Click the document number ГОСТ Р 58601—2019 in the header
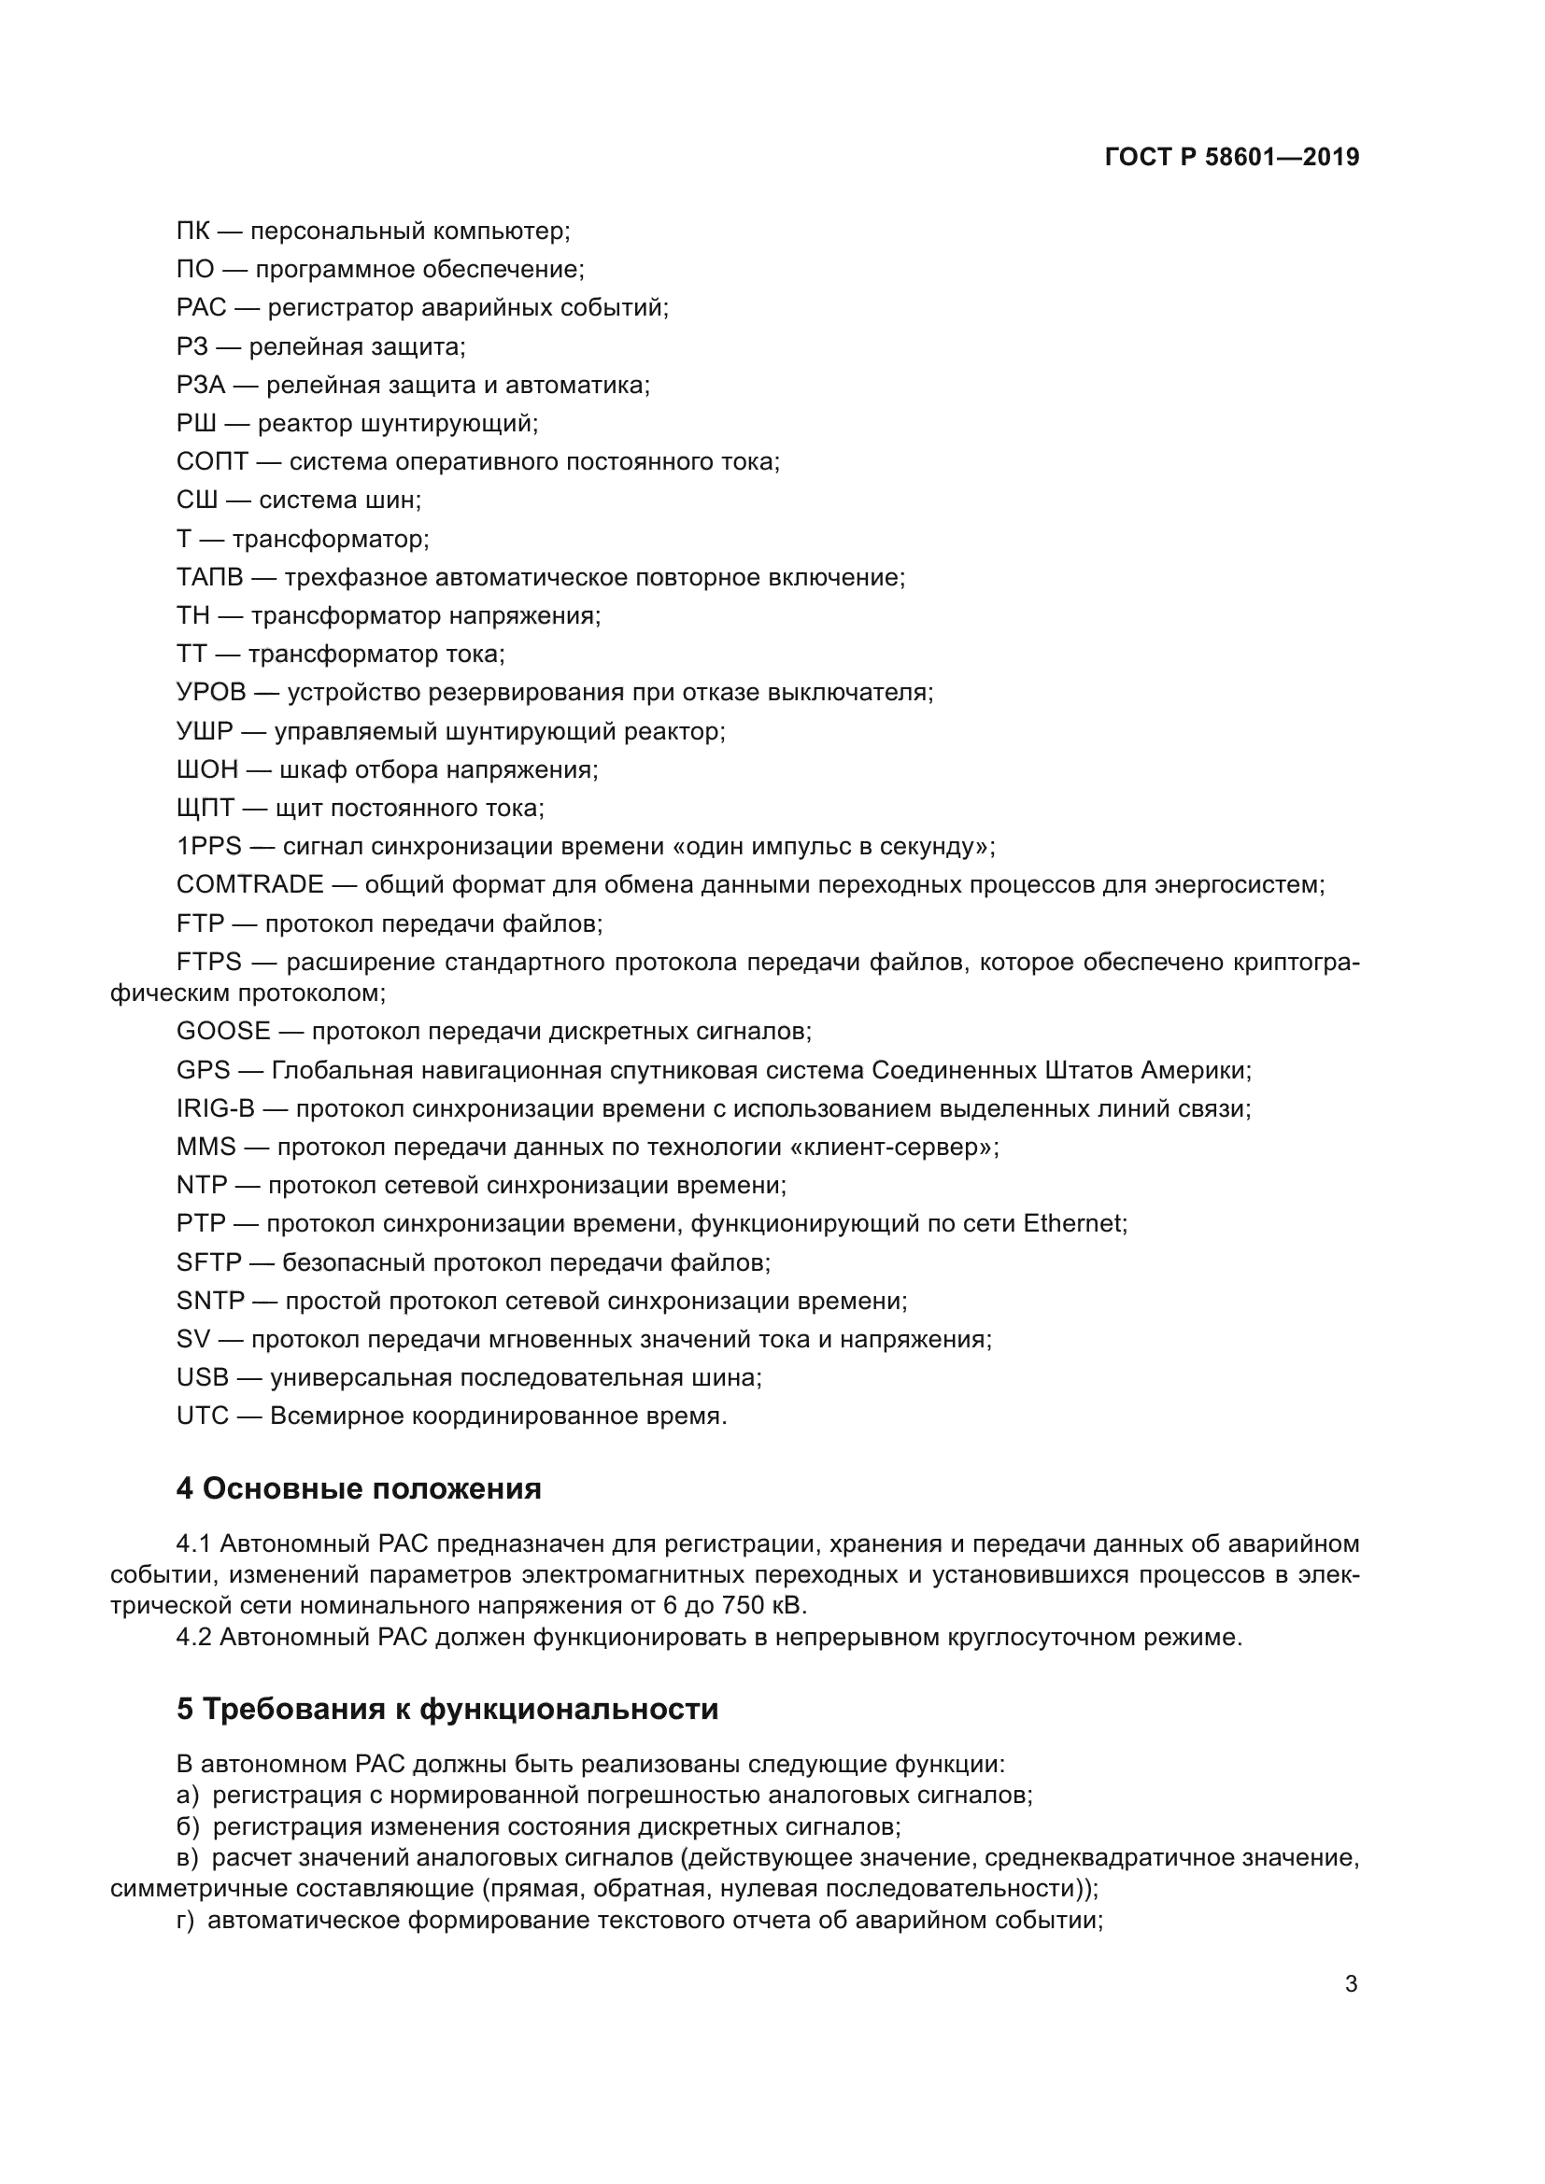point(1232,157)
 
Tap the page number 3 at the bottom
point(1351,1983)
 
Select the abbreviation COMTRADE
point(250,884)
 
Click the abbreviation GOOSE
point(223,1031)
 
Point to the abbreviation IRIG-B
point(216,1108)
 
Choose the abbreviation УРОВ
point(211,693)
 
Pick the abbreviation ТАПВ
point(210,577)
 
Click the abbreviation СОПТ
point(212,461)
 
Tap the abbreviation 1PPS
point(209,847)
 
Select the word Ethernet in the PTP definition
point(1072,1223)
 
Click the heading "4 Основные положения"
point(359,1488)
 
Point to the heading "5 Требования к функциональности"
point(447,1710)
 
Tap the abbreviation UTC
point(203,1416)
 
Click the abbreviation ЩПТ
point(206,809)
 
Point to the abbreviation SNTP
point(210,1301)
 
